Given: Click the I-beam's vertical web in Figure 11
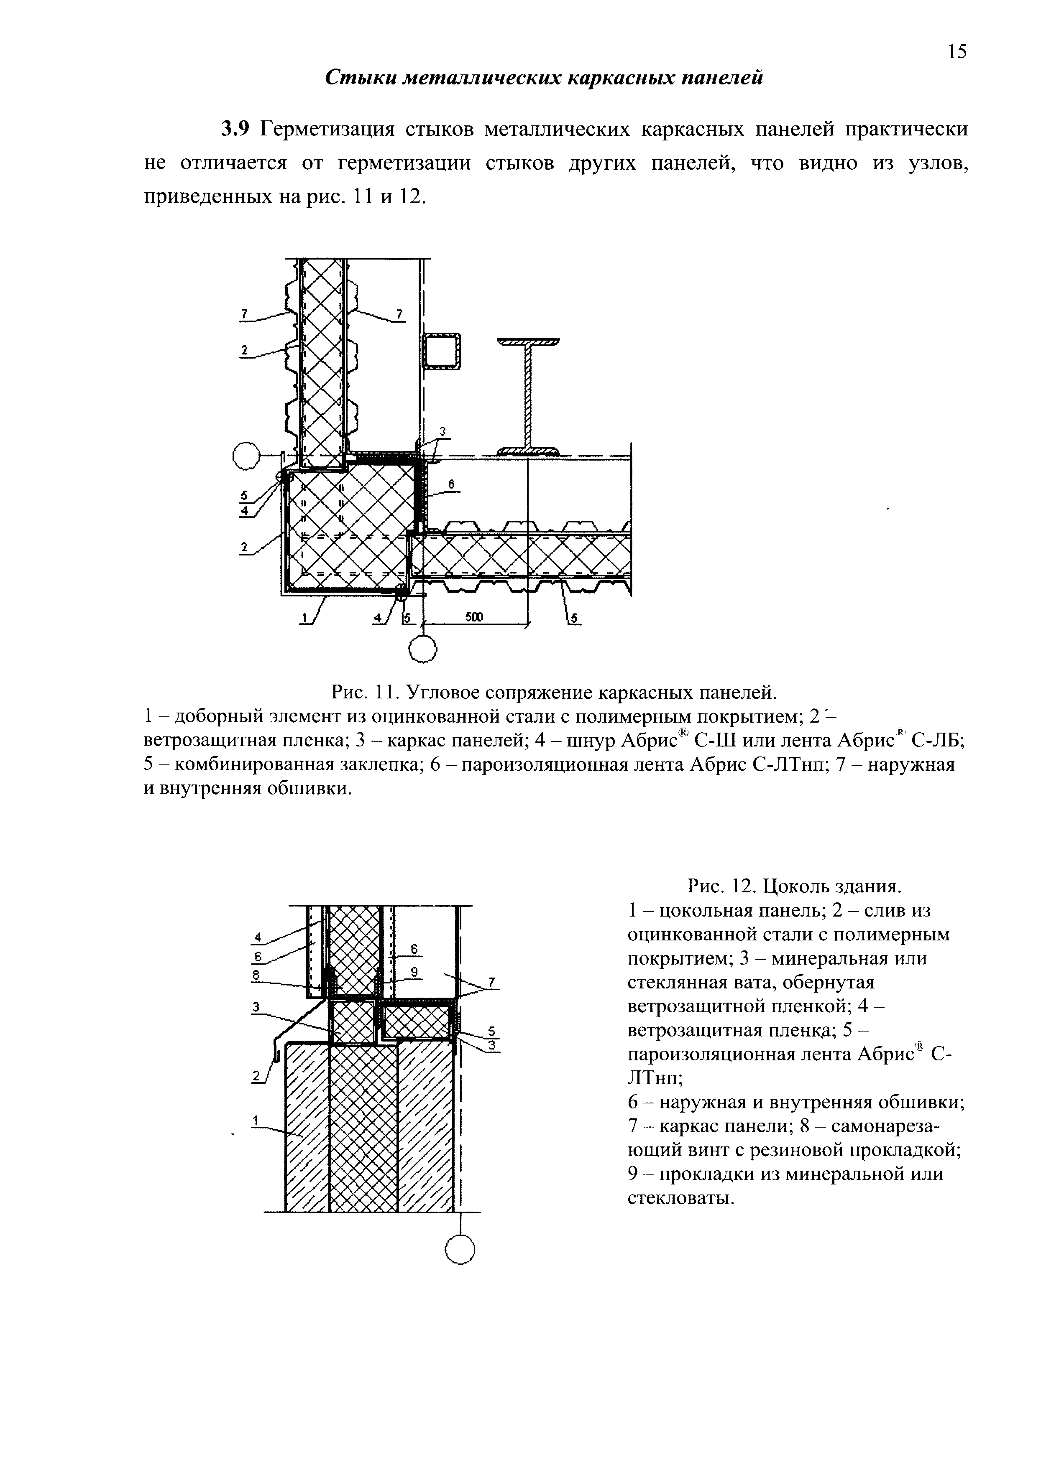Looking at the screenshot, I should [x=529, y=395].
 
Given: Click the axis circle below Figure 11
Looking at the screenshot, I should [x=423, y=649].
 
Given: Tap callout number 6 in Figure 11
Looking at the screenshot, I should [x=451, y=484].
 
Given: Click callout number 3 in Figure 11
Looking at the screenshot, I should [x=442, y=431].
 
